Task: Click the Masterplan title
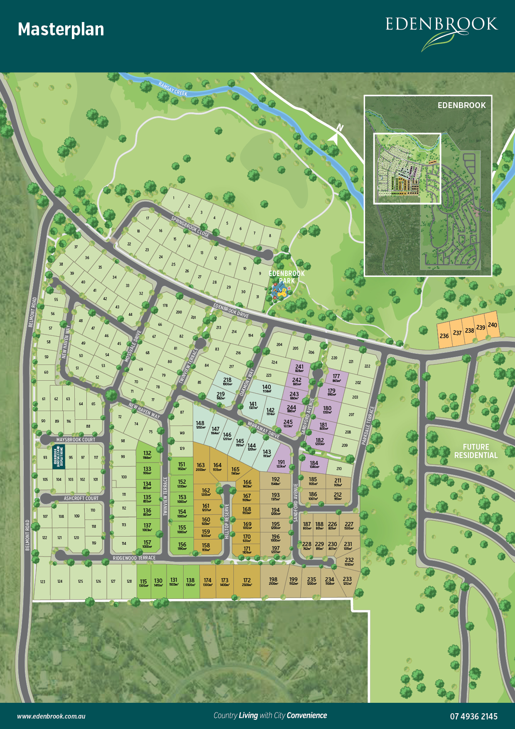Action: tap(61, 30)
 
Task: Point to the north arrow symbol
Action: tap(335, 135)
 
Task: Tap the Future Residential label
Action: tap(476, 451)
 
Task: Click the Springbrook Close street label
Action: tap(190, 227)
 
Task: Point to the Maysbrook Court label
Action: tap(76, 440)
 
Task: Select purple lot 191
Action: tap(281, 463)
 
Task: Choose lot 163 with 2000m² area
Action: tap(201, 467)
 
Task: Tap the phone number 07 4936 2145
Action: tap(473, 716)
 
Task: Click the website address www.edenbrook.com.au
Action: tap(51, 716)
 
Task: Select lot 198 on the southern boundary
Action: tap(273, 581)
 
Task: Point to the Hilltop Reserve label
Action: tap(227, 521)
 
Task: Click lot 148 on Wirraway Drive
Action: tap(200, 424)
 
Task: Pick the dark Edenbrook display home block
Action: tap(59, 457)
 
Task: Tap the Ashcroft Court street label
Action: tap(81, 498)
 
